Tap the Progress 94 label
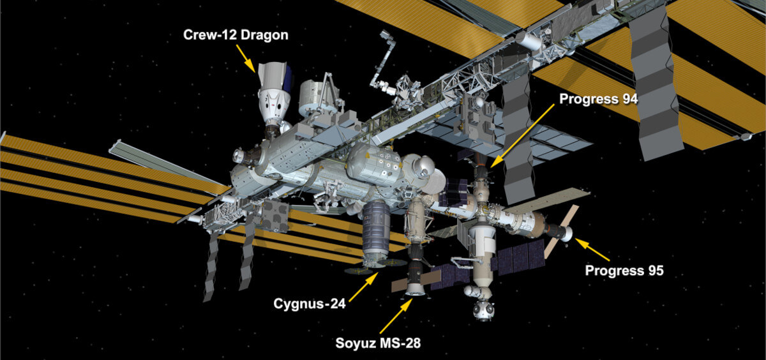pyautogui.click(x=598, y=100)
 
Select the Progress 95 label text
pyautogui.click(x=624, y=271)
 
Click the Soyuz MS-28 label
pyautogui.click(x=378, y=343)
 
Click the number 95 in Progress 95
pyautogui.click(x=654, y=271)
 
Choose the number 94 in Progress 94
pyautogui.click(x=627, y=100)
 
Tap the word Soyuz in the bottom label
pyautogui.click(x=355, y=343)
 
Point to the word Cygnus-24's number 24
pyautogui.click(x=336, y=304)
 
